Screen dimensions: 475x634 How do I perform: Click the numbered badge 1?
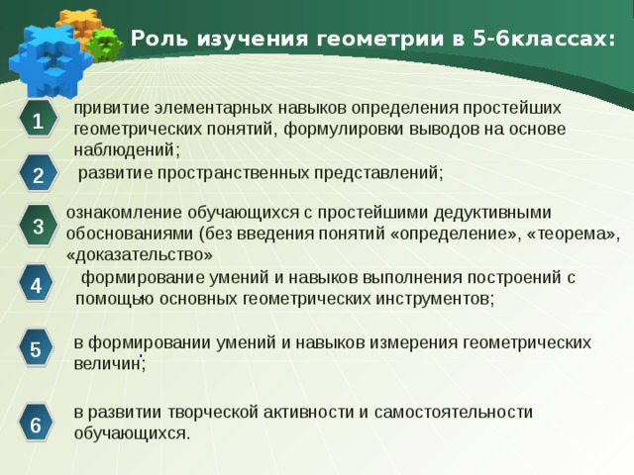pos(37,123)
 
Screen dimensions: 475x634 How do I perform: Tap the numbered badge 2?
pos(37,176)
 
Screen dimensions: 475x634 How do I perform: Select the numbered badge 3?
pos(37,227)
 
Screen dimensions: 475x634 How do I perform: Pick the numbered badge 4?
pos(37,287)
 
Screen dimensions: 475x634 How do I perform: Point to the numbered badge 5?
pos(37,349)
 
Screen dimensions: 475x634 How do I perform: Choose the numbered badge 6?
pos(37,426)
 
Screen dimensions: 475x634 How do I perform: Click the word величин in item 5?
pos(108,363)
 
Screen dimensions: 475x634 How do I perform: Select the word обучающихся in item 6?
pos(129,433)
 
